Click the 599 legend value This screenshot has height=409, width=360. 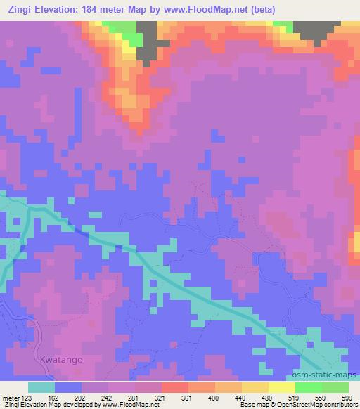(x=348, y=397)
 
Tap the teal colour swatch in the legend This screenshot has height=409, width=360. (x=41, y=387)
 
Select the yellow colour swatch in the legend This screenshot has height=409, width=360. (x=282, y=387)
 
